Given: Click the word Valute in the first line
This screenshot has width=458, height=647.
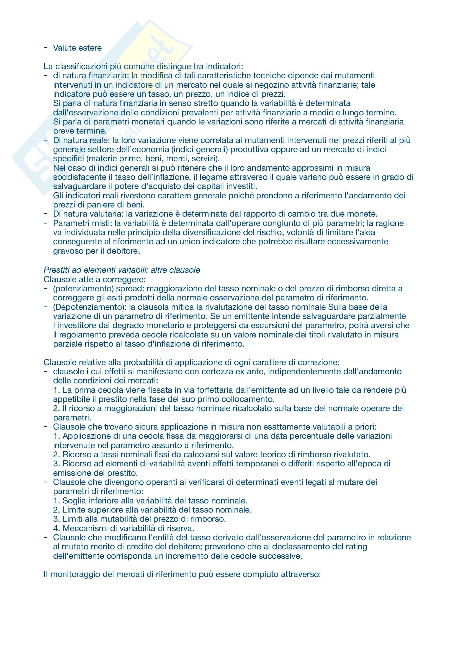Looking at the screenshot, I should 63,48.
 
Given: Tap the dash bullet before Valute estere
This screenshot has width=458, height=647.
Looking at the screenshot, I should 46,48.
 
